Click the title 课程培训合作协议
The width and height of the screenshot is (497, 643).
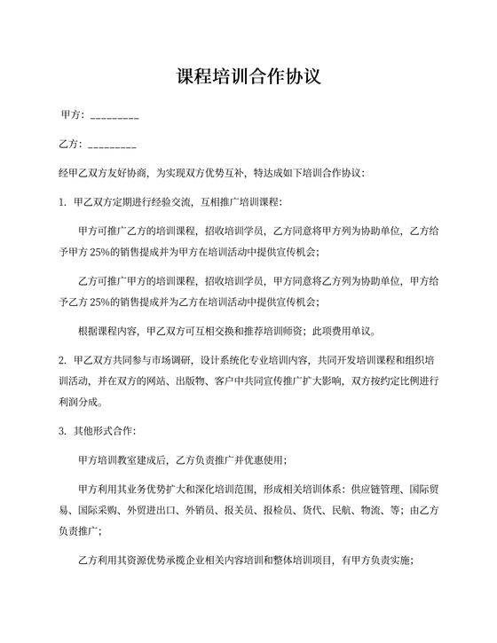tap(248, 76)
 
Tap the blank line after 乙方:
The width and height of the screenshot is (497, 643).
tap(113, 145)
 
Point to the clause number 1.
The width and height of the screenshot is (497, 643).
tap(61, 202)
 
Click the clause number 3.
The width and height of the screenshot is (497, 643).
tap(61, 431)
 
